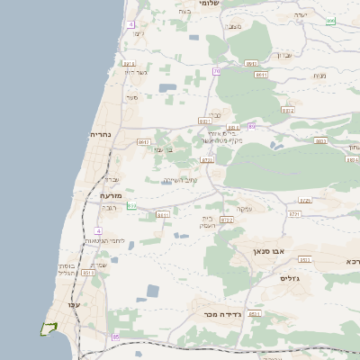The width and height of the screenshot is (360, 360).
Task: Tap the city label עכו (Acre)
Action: click(x=74, y=305)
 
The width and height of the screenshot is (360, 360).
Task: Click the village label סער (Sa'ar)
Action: click(x=132, y=97)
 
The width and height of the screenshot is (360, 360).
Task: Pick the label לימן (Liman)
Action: click(x=138, y=33)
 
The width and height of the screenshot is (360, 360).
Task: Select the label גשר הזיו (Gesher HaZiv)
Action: click(x=134, y=72)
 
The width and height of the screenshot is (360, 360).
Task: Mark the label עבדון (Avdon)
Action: click(x=282, y=56)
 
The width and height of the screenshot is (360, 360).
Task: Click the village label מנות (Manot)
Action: click(x=319, y=76)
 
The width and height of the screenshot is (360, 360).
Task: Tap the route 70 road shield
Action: click(x=217, y=70)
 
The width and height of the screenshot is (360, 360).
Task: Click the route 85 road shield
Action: click(x=115, y=337)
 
